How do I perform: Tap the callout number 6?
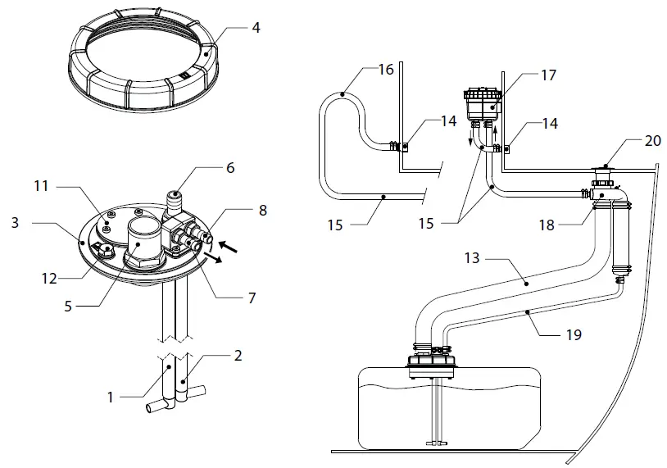click(x=230, y=167)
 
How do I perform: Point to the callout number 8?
click(x=262, y=210)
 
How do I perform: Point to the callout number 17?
click(x=548, y=75)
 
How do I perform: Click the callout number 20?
click(x=652, y=140)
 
